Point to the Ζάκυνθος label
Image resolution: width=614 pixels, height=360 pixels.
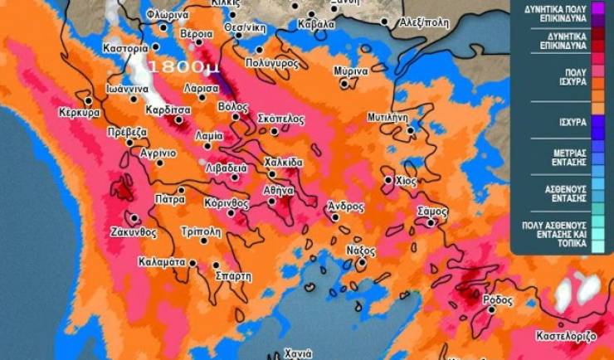pyautogui.click(x=134, y=233)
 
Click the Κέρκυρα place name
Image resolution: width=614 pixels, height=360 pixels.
pyautogui.click(x=80, y=112)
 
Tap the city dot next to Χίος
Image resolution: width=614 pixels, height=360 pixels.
pyautogui.click(x=388, y=179)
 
